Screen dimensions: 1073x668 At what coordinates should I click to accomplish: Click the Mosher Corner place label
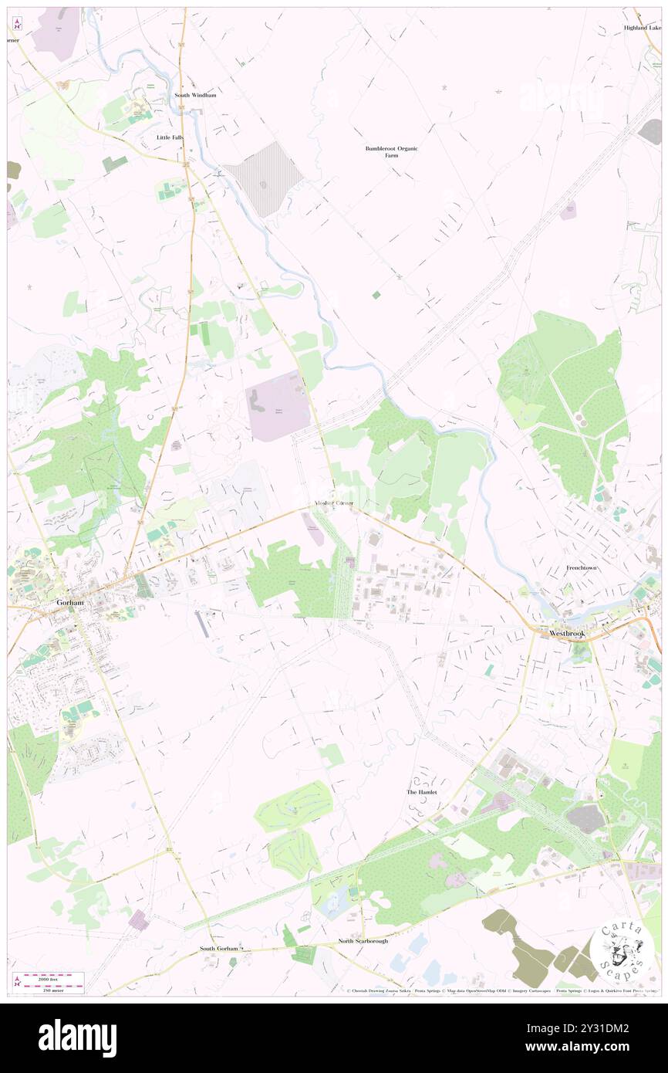pos(333,503)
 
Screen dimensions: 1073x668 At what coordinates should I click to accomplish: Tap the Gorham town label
pos(69,601)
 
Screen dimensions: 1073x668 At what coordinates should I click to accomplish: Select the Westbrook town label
pos(568,633)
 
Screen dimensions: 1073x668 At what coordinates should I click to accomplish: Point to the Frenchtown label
pos(582,567)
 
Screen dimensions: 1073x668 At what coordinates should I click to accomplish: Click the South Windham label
pos(195,95)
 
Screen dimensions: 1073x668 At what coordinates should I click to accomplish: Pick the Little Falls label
pos(170,137)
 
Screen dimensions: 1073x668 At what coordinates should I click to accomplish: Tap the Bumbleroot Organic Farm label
pos(391,151)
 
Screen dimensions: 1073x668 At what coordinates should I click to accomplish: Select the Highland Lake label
pos(643,28)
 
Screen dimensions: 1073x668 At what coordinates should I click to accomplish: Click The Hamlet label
pos(422,792)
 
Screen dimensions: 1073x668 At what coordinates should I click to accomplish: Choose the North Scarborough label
pos(363,941)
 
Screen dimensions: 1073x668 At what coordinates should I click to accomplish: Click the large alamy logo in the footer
pos(77,1037)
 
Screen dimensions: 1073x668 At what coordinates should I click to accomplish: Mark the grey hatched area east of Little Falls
pos(263,179)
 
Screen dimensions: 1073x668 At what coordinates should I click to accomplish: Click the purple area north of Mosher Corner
pos(277,405)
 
